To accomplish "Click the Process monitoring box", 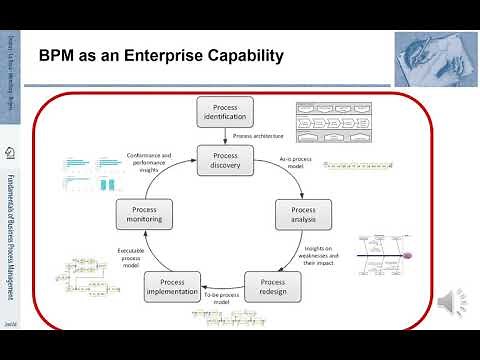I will click(x=146, y=214).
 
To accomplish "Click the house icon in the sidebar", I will click(x=9, y=154).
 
